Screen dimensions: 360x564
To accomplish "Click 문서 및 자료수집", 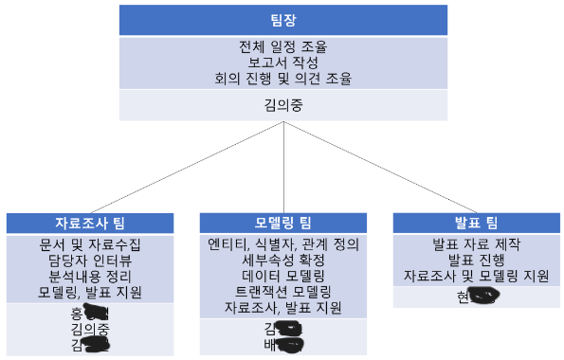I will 90,243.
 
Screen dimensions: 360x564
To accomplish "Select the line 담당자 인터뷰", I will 90,260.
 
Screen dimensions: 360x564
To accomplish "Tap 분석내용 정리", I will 90,276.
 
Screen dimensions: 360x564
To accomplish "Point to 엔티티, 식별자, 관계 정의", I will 283,243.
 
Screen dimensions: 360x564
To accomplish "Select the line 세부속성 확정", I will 283,260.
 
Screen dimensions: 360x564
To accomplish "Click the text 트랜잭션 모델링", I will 283,292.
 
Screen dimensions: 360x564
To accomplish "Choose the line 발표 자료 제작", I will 475,243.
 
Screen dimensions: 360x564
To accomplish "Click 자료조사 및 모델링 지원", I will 475,276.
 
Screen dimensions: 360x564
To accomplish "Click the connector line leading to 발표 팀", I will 379,167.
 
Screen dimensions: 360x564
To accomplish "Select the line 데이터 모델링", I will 283,276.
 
